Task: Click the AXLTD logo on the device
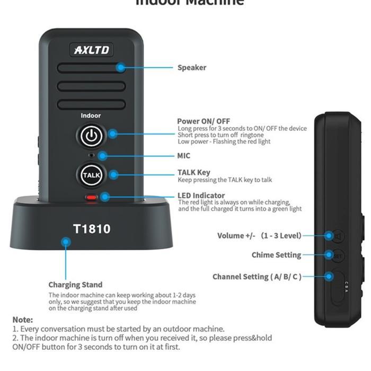(91, 50)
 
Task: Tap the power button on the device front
(91, 136)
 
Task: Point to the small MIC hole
(91, 155)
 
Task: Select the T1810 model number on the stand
(92, 229)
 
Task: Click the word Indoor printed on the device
(91, 116)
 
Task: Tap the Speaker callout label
(192, 67)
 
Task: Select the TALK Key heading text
(193, 172)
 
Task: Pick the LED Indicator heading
(201, 196)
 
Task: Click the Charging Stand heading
(75, 285)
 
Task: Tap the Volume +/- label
(259, 236)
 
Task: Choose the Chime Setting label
(276, 255)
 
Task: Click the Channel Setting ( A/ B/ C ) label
(257, 277)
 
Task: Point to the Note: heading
(23, 320)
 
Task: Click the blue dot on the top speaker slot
(121, 67)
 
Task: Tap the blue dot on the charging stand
(66, 242)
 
